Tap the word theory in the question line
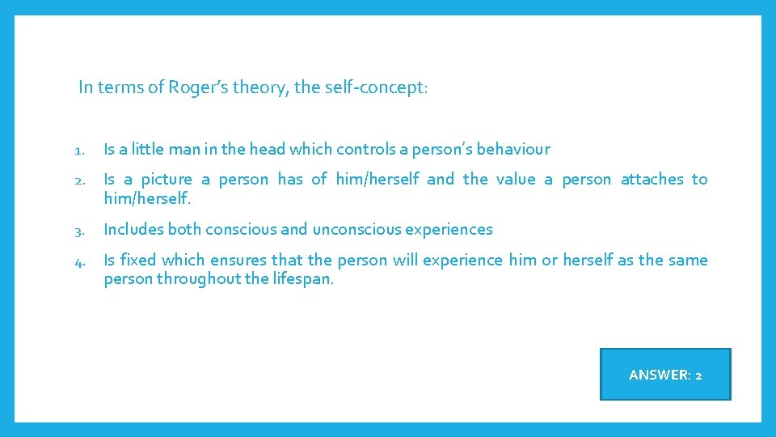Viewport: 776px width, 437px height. [x=259, y=87]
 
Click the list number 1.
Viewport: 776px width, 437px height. [x=78, y=150]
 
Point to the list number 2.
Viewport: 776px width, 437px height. [x=78, y=180]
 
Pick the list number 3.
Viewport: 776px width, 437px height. [x=78, y=230]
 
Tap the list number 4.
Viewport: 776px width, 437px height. [x=79, y=261]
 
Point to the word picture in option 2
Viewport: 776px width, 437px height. [x=167, y=179]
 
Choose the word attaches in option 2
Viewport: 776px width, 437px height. [x=652, y=179]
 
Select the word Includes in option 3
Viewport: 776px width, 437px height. [x=133, y=229]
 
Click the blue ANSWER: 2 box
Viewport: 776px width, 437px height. [x=665, y=374]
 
